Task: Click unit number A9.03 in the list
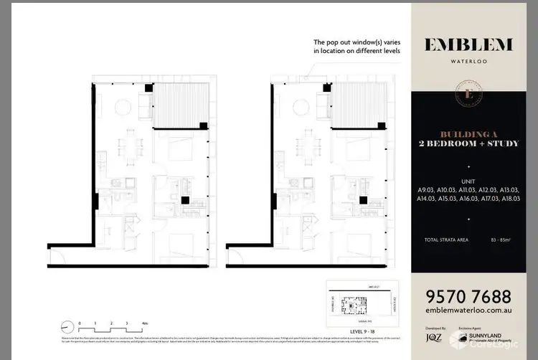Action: coord(428,189)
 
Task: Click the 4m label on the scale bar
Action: coord(145,323)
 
